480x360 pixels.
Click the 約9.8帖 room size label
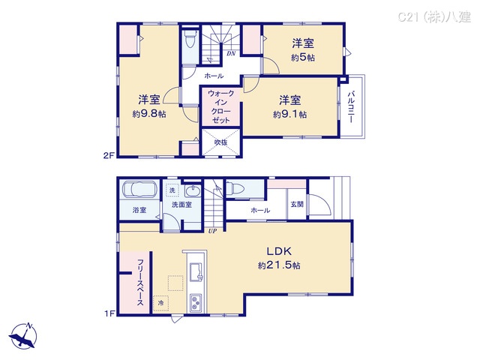point(148,114)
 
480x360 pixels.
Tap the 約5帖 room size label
point(303,57)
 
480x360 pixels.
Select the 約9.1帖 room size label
point(289,114)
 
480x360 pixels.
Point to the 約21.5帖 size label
point(280,265)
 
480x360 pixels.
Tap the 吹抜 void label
point(220,142)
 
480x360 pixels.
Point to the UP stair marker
point(212,230)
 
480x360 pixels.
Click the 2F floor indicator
point(107,155)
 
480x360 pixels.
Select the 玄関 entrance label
point(297,204)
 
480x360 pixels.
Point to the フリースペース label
point(140,282)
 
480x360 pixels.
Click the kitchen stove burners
point(196,303)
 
